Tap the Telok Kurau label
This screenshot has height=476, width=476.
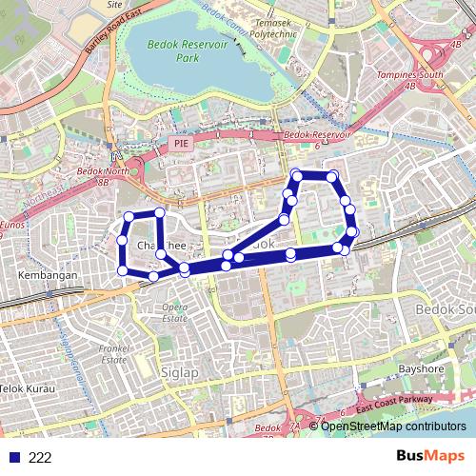[x=27, y=389]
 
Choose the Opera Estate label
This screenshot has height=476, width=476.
[x=173, y=312]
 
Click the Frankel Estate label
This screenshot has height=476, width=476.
[x=114, y=354]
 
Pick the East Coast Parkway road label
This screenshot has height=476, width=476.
[x=394, y=406]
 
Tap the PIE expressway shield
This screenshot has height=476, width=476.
[x=181, y=143]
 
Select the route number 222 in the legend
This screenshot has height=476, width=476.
[x=40, y=458]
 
